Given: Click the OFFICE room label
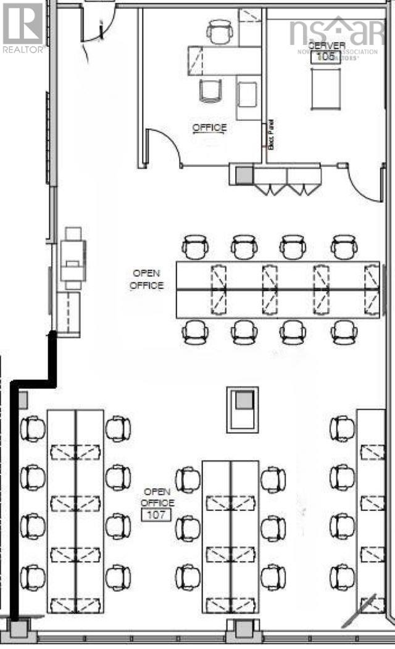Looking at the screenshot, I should [209, 128].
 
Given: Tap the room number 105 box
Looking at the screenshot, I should [325, 57].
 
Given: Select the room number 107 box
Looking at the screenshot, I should [157, 515].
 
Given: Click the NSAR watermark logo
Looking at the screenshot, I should [336, 31].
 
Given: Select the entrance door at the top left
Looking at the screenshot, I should [97, 25].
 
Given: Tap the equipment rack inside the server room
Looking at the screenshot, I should [326, 88].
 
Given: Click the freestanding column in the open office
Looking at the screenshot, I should [242, 409].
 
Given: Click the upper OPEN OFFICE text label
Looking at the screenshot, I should [147, 279].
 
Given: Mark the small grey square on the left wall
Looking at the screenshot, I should [23, 400].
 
